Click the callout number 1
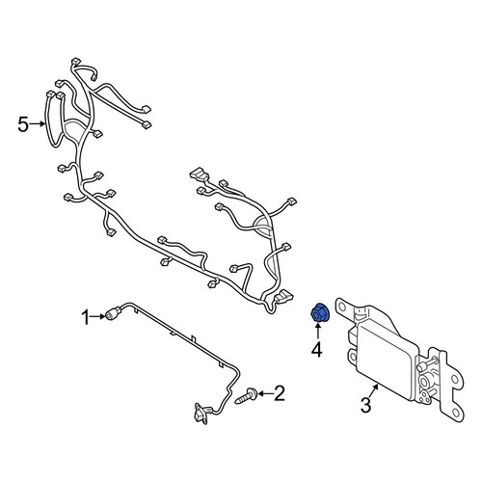tap(85, 317)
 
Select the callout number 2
tap(279, 393)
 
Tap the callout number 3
tap(366, 405)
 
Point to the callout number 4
tap(316, 350)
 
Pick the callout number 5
tap(23, 124)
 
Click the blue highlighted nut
tap(318, 312)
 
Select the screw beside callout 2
tap(246, 395)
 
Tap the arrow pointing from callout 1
tap(97, 317)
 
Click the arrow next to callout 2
tap(265, 393)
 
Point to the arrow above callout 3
tap(374, 391)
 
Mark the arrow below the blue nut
tap(317, 331)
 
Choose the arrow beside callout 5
tap(38, 123)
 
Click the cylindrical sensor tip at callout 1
tap(113, 314)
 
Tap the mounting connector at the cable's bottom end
tap(201, 414)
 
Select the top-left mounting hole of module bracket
tap(342, 308)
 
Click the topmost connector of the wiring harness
tap(76, 61)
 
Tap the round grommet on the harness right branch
tap(263, 224)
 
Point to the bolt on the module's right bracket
tap(428, 364)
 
